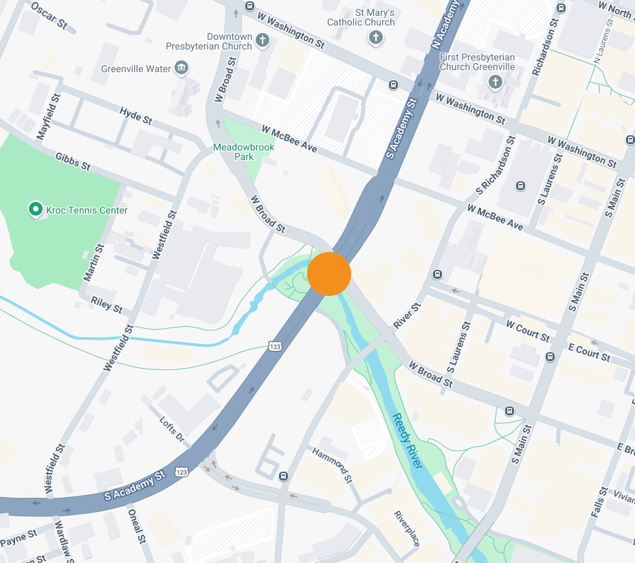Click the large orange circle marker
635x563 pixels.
[x=329, y=273]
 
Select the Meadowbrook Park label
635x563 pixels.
[x=243, y=152]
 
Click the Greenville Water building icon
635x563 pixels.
[x=181, y=68]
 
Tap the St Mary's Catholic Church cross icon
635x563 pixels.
[x=375, y=38]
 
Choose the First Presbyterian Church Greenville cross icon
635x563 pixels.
[x=495, y=82]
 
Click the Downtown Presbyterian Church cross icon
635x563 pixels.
[x=261, y=41]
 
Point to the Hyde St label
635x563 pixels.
[x=135, y=115]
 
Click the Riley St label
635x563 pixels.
[x=107, y=305]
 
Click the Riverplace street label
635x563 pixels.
[x=406, y=529]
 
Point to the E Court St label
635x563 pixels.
[x=589, y=352]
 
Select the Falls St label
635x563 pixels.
[x=599, y=502]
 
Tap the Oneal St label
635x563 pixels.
[x=136, y=526]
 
